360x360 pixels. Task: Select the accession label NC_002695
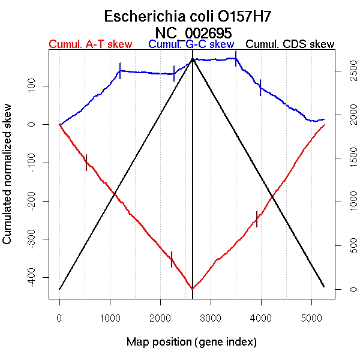coord(193,32)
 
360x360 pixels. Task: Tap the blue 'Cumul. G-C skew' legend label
coord(191,44)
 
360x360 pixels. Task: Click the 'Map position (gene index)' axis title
coord(191,342)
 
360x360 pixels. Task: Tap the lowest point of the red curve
coord(192,289)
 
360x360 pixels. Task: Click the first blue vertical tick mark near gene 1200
coord(120,71)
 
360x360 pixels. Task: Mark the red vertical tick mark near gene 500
coord(86,163)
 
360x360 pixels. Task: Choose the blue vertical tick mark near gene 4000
coord(260,88)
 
